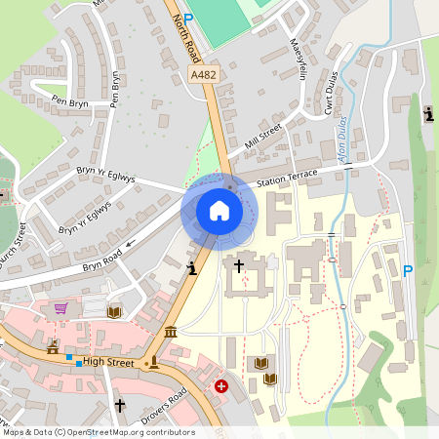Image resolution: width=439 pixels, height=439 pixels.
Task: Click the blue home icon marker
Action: click(x=219, y=211)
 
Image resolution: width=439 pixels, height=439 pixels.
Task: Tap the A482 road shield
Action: click(x=203, y=75)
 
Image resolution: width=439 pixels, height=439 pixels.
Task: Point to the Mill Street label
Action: click(x=263, y=141)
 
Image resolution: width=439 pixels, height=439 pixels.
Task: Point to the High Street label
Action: click(x=106, y=362)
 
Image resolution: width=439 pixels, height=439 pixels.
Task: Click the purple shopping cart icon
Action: click(x=61, y=308)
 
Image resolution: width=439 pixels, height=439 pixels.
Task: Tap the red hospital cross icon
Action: click(x=221, y=387)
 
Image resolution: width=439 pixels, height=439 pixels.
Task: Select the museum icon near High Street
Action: click(x=172, y=333)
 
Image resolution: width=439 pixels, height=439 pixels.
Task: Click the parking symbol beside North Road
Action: click(x=188, y=19)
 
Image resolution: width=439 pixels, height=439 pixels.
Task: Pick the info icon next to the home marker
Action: click(x=193, y=266)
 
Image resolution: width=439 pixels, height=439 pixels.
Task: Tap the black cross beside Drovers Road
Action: click(x=120, y=404)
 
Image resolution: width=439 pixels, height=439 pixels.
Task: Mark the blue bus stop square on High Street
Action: click(x=79, y=362)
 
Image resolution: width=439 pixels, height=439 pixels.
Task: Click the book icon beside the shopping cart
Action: click(x=113, y=311)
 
